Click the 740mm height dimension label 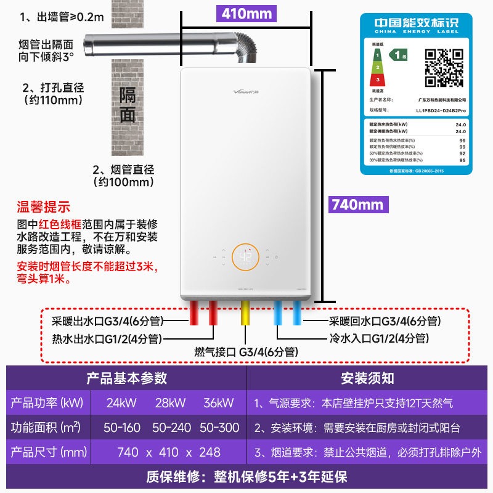pyautogui.click(x=357, y=205)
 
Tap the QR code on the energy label pyautogui.click(x=445, y=68)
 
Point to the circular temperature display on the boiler pyautogui.click(x=245, y=258)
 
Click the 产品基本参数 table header pyautogui.click(x=127, y=378)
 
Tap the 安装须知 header pyautogui.click(x=368, y=378)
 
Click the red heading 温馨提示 pyautogui.click(x=44, y=207)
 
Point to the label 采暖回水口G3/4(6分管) pyautogui.click(x=384, y=321)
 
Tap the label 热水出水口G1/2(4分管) pyautogui.click(x=106, y=338)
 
